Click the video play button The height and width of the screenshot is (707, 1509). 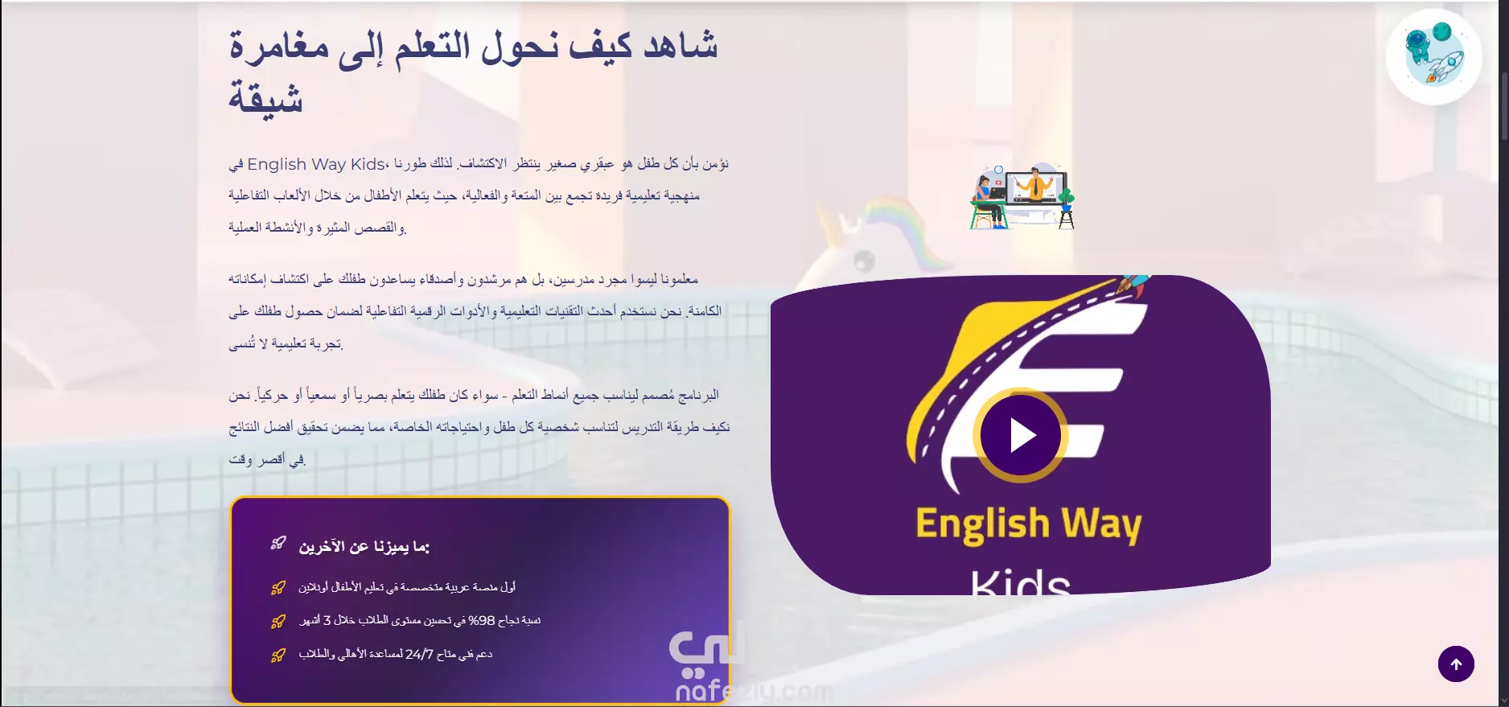point(1021,435)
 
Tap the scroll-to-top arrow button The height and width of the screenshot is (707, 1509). point(1456,664)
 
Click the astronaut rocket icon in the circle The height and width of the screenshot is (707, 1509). point(1433,55)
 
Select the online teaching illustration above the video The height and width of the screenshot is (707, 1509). point(1022,196)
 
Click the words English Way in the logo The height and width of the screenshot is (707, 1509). point(1029,524)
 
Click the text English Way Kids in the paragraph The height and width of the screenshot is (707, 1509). point(316,164)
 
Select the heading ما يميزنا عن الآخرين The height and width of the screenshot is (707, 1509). point(364,547)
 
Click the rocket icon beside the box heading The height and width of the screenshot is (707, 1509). point(278,544)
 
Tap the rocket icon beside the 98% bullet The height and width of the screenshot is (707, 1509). point(278,621)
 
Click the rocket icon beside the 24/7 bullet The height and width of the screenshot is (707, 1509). point(278,655)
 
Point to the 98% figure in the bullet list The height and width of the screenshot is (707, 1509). point(482,621)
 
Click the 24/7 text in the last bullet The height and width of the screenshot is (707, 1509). point(419,655)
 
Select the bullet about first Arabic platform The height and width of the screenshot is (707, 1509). point(407,587)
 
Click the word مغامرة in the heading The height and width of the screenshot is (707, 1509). point(279,46)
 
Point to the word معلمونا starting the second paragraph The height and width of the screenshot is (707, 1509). point(679,279)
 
